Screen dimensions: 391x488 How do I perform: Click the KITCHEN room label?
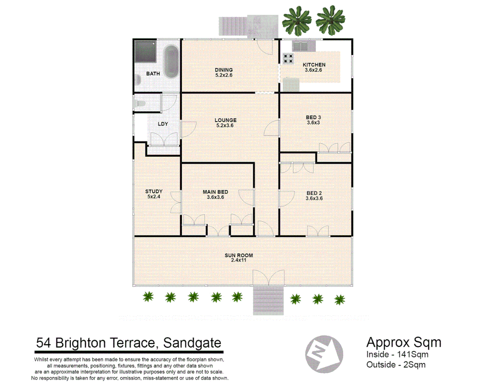tap(314, 65)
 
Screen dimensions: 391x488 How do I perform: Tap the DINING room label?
tap(224, 70)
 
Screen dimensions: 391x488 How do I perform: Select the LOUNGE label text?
tap(225, 120)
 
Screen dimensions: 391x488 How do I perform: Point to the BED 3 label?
tap(313, 117)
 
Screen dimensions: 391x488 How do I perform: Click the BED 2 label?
tap(314, 193)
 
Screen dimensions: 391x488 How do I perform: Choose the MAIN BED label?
tap(215, 192)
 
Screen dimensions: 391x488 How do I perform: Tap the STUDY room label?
tap(154, 191)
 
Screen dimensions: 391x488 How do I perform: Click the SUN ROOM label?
tap(239, 255)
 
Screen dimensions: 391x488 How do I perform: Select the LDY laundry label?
tap(163, 124)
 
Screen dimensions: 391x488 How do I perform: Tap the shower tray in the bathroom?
tap(146, 52)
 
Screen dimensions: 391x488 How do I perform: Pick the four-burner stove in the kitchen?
tap(288, 58)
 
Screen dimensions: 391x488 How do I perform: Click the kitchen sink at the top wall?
tap(304, 46)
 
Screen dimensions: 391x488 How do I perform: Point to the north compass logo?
tap(324, 354)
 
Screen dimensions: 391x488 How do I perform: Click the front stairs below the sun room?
tap(268, 300)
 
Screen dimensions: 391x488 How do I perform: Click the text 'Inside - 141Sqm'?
tap(397, 354)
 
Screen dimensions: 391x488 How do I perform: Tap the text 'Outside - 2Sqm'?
tap(396, 365)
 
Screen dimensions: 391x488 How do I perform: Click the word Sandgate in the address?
tap(192, 342)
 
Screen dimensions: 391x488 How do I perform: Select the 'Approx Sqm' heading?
tap(404, 342)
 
